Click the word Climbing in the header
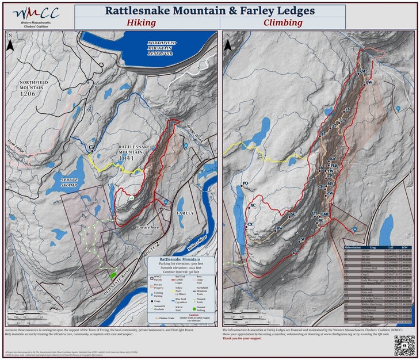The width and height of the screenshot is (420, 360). coord(282,23)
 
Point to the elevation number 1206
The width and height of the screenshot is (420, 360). coord(28,93)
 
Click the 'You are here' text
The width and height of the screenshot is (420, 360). coord(147,228)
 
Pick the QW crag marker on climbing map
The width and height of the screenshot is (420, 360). coord(369,83)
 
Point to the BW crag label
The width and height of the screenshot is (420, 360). coord(280,229)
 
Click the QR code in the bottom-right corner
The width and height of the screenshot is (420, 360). coord(405,344)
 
